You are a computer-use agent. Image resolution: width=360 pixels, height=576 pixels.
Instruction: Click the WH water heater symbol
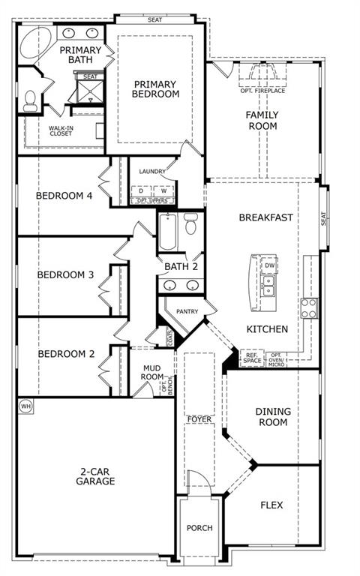(x=25, y=406)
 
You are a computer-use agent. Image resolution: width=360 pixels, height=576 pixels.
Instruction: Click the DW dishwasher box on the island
(x=269, y=265)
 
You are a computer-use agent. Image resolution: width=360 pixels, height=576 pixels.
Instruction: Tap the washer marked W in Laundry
(x=163, y=190)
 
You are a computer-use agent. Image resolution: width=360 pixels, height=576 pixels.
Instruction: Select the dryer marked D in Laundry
(x=141, y=190)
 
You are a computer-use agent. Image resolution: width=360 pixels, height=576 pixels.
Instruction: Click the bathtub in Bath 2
(x=167, y=234)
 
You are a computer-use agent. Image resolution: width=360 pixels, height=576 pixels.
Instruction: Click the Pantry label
(x=186, y=311)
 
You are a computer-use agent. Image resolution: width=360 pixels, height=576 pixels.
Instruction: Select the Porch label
(x=199, y=528)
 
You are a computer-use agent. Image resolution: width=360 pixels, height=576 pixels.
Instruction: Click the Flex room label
(x=271, y=505)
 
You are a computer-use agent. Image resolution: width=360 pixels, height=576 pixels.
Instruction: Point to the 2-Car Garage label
(x=94, y=476)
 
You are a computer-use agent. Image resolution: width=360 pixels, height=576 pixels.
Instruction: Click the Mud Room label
(x=152, y=373)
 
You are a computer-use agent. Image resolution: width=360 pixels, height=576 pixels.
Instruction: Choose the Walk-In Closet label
(x=61, y=132)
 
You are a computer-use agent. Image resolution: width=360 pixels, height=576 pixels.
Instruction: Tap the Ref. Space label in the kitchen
(x=251, y=358)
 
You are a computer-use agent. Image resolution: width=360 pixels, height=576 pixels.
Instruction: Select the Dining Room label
(x=271, y=417)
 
